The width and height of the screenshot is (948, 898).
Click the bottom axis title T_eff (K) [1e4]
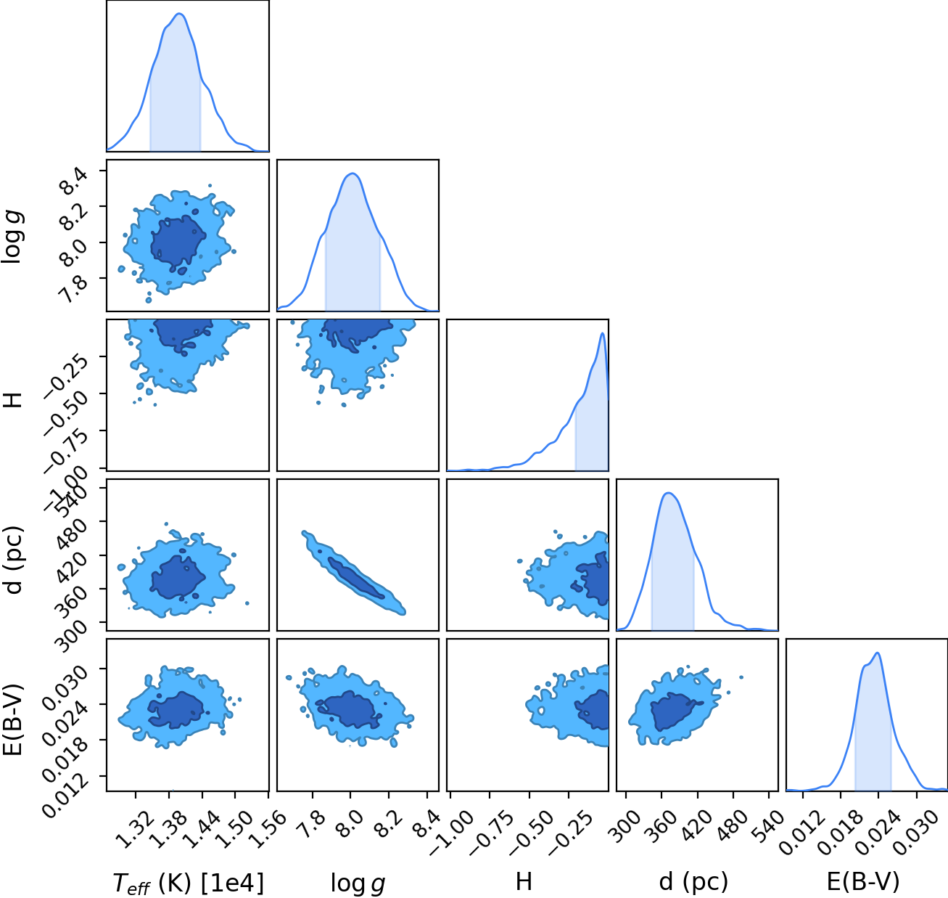pos(189,883)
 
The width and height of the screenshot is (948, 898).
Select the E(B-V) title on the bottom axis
pos(863,881)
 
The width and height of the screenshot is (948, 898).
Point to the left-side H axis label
pos(14,400)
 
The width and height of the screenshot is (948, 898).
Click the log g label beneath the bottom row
pos(358,883)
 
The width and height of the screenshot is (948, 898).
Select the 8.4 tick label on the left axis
pos(73,182)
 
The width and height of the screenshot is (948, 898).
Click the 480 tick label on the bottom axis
pos(733,826)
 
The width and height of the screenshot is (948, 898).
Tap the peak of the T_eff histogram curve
pos(179,14)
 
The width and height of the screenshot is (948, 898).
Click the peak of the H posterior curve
pos(602,333)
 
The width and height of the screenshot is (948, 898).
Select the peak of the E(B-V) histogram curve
pos(878,653)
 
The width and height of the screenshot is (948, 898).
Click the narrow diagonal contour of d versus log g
pos(353,573)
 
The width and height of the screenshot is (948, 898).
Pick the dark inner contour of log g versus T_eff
pos(178,244)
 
